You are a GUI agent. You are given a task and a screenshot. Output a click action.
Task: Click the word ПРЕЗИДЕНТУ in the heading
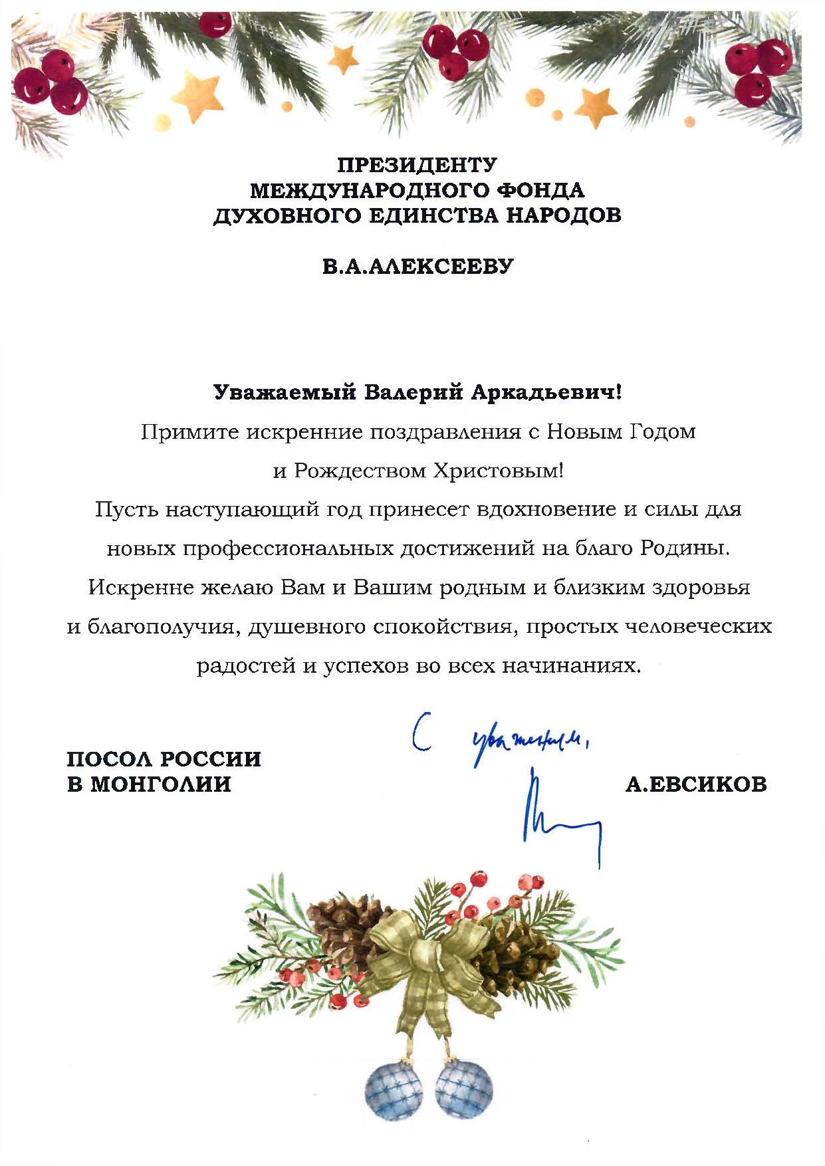417,164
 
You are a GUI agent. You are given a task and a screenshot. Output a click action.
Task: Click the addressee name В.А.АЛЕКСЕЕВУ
418,267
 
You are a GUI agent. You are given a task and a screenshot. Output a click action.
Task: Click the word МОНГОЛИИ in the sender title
160,784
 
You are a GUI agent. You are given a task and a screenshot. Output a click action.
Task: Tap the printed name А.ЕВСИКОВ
695,784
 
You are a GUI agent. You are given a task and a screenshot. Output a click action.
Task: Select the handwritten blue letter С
420,733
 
